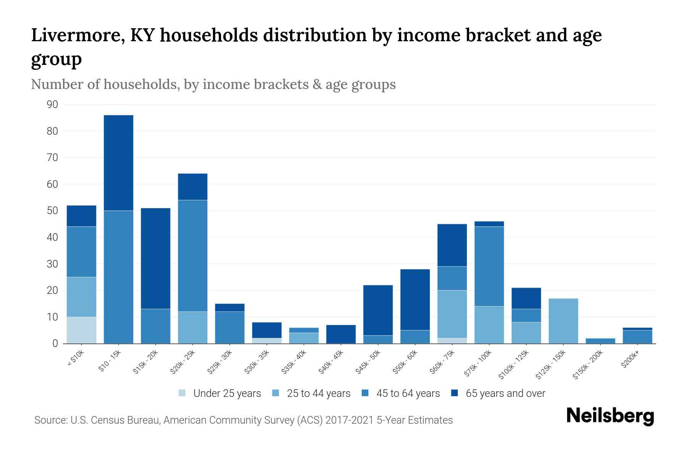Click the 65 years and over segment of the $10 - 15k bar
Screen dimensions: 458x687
pos(118,163)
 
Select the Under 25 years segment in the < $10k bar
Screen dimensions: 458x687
pos(81,330)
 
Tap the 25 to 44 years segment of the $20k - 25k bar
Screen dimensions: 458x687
pos(192,327)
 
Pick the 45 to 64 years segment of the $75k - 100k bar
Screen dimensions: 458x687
pos(489,266)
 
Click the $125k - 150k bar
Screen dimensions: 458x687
pos(563,321)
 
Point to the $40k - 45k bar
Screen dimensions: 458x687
pos(341,334)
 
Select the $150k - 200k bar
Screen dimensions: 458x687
pos(600,341)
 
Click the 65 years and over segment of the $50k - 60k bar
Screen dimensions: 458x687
pos(415,300)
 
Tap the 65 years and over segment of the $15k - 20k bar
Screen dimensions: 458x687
pos(155,258)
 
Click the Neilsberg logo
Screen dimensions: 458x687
pos(610,416)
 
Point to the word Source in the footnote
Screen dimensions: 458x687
pos(50,420)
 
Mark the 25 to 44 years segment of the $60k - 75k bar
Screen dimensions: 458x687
pos(452,314)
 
